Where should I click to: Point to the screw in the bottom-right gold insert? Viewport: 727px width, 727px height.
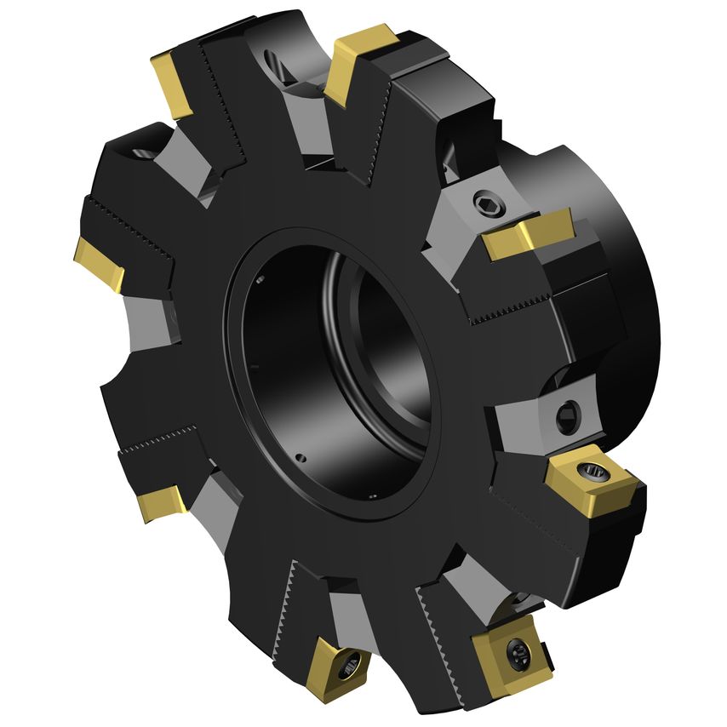515,654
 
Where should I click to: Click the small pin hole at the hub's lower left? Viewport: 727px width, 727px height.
303,457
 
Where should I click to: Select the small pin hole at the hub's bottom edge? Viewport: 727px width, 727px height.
373,496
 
